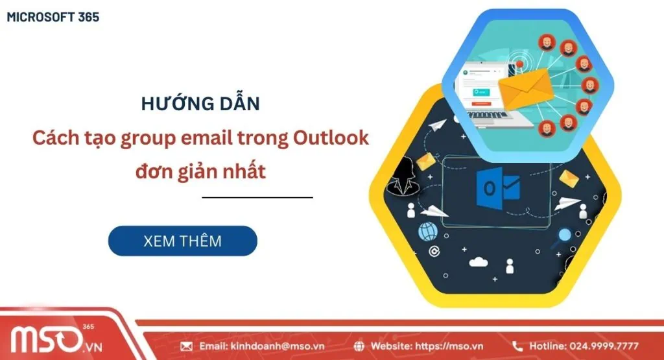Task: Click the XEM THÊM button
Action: click(x=182, y=241)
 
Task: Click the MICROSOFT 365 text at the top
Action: click(x=53, y=18)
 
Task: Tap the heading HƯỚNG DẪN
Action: click(x=200, y=104)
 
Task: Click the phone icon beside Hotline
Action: click(x=517, y=346)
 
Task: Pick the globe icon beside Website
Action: click(x=360, y=346)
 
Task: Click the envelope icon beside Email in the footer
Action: click(x=186, y=346)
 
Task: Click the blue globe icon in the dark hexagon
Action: click(x=428, y=231)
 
